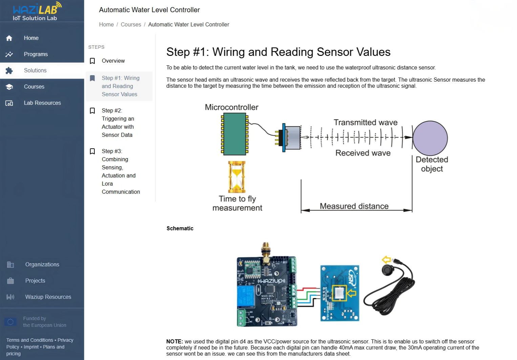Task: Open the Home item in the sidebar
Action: [31, 38]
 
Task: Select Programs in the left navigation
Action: [36, 54]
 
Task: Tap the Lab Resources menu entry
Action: [42, 103]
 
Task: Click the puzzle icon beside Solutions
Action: [9, 70]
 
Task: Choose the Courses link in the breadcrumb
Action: [131, 24]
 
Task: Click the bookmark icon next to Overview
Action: [92, 61]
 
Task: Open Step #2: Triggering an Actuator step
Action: [117, 123]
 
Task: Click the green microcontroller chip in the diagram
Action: [235, 134]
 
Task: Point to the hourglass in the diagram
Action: [237, 177]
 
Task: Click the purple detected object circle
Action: [430, 138]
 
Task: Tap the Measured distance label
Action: [354, 206]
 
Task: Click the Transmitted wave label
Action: [365, 123]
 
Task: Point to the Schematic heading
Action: [180, 228]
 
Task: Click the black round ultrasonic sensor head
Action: [388, 270]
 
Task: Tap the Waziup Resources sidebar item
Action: [48, 297]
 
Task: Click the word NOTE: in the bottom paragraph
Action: [174, 341]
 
